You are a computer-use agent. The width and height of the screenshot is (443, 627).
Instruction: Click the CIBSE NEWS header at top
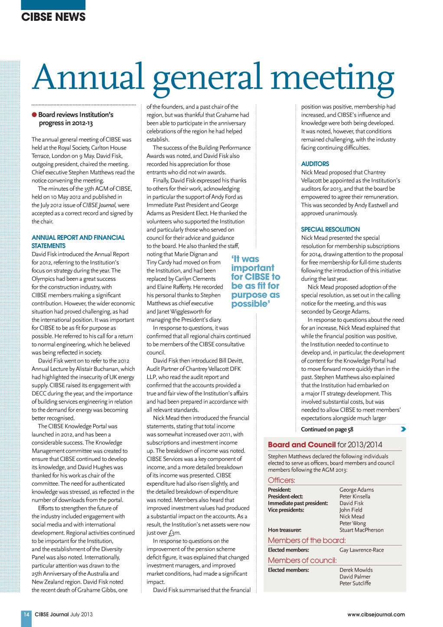coord(53,17)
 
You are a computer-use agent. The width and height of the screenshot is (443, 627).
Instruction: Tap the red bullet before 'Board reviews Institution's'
coord(34,115)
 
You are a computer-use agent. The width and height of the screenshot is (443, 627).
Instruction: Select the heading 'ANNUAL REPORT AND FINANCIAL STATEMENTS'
coord(78,242)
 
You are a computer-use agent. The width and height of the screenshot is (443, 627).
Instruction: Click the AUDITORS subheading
coord(315,164)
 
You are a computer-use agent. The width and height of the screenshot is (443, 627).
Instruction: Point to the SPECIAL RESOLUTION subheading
coord(330,229)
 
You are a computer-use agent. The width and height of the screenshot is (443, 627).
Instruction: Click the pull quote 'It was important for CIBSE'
coord(255,281)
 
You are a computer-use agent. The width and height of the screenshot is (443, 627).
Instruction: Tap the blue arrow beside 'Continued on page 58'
coord(403,429)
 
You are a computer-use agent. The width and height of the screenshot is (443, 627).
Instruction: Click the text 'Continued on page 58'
coord(327,429)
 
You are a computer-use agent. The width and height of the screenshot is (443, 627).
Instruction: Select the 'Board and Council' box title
coord(302,444)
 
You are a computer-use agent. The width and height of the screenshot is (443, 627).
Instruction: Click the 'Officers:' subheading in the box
coord(281,480)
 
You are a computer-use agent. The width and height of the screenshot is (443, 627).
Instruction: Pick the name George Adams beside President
coord(356,490)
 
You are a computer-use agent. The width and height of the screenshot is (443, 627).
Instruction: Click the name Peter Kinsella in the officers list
coord(355,496)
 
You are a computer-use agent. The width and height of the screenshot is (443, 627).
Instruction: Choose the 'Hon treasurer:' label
coord(284,530)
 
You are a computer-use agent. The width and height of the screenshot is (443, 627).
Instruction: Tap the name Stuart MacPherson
coord(362,530)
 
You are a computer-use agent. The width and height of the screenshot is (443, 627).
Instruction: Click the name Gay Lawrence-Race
coord(362,550)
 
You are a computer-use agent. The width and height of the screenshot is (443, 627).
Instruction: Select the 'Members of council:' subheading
coord(302,560)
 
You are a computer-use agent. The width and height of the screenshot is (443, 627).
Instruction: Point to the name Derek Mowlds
coord(356,570)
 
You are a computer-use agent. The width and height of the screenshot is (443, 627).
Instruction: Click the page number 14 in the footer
coord(26,614)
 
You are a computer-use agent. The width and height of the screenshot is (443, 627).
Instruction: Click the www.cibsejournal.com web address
coord(376,614)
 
